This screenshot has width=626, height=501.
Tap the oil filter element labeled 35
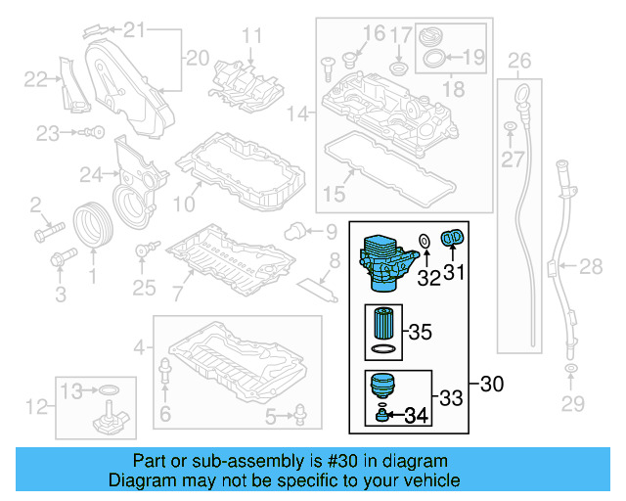click(383, 323)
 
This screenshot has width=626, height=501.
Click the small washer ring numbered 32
click(425, 242)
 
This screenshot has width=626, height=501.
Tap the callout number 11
click(252, 37)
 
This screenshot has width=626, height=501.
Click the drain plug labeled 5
click(295, 418)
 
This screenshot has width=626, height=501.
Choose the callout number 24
click(91, 175)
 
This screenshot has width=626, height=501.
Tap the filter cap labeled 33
click(383, 386)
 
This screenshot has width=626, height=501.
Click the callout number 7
click(177, 293)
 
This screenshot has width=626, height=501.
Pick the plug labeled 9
click(291, 232)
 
